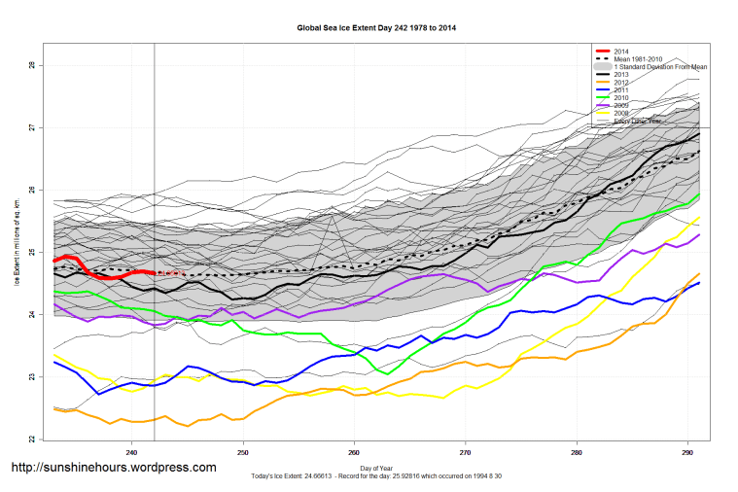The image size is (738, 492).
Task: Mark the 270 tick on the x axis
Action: [466, 451]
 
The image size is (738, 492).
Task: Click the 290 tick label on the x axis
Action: [687, 451]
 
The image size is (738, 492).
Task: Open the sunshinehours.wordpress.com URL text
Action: [113, 468]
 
